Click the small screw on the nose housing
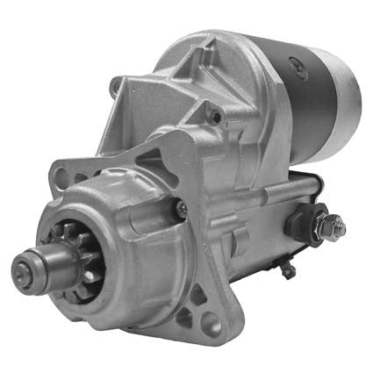(x=181, y=208)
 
